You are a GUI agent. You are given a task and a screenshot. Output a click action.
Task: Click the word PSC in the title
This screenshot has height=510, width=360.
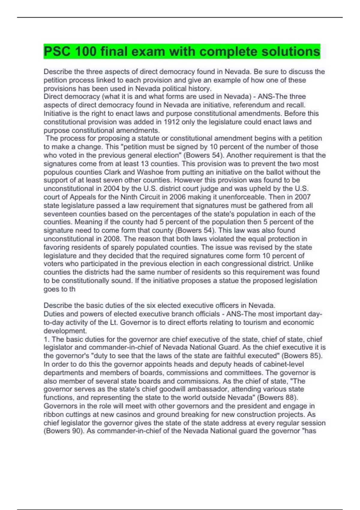(x=57, y=51)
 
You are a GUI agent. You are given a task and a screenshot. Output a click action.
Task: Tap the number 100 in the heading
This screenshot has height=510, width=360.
(x=86, y=51)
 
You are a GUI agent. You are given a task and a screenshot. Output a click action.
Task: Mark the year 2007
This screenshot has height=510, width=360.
(x=302, y=197)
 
